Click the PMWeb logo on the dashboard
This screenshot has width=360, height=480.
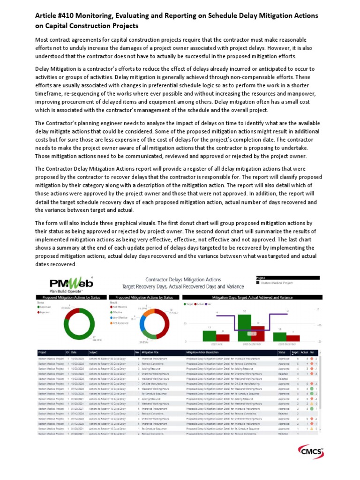(x=71, y=284)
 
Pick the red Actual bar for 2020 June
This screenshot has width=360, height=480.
(x=223, y=337)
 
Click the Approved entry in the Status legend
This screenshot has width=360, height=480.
(x=46, y=307)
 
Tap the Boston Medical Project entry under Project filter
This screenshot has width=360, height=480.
(x=277, y=283)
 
